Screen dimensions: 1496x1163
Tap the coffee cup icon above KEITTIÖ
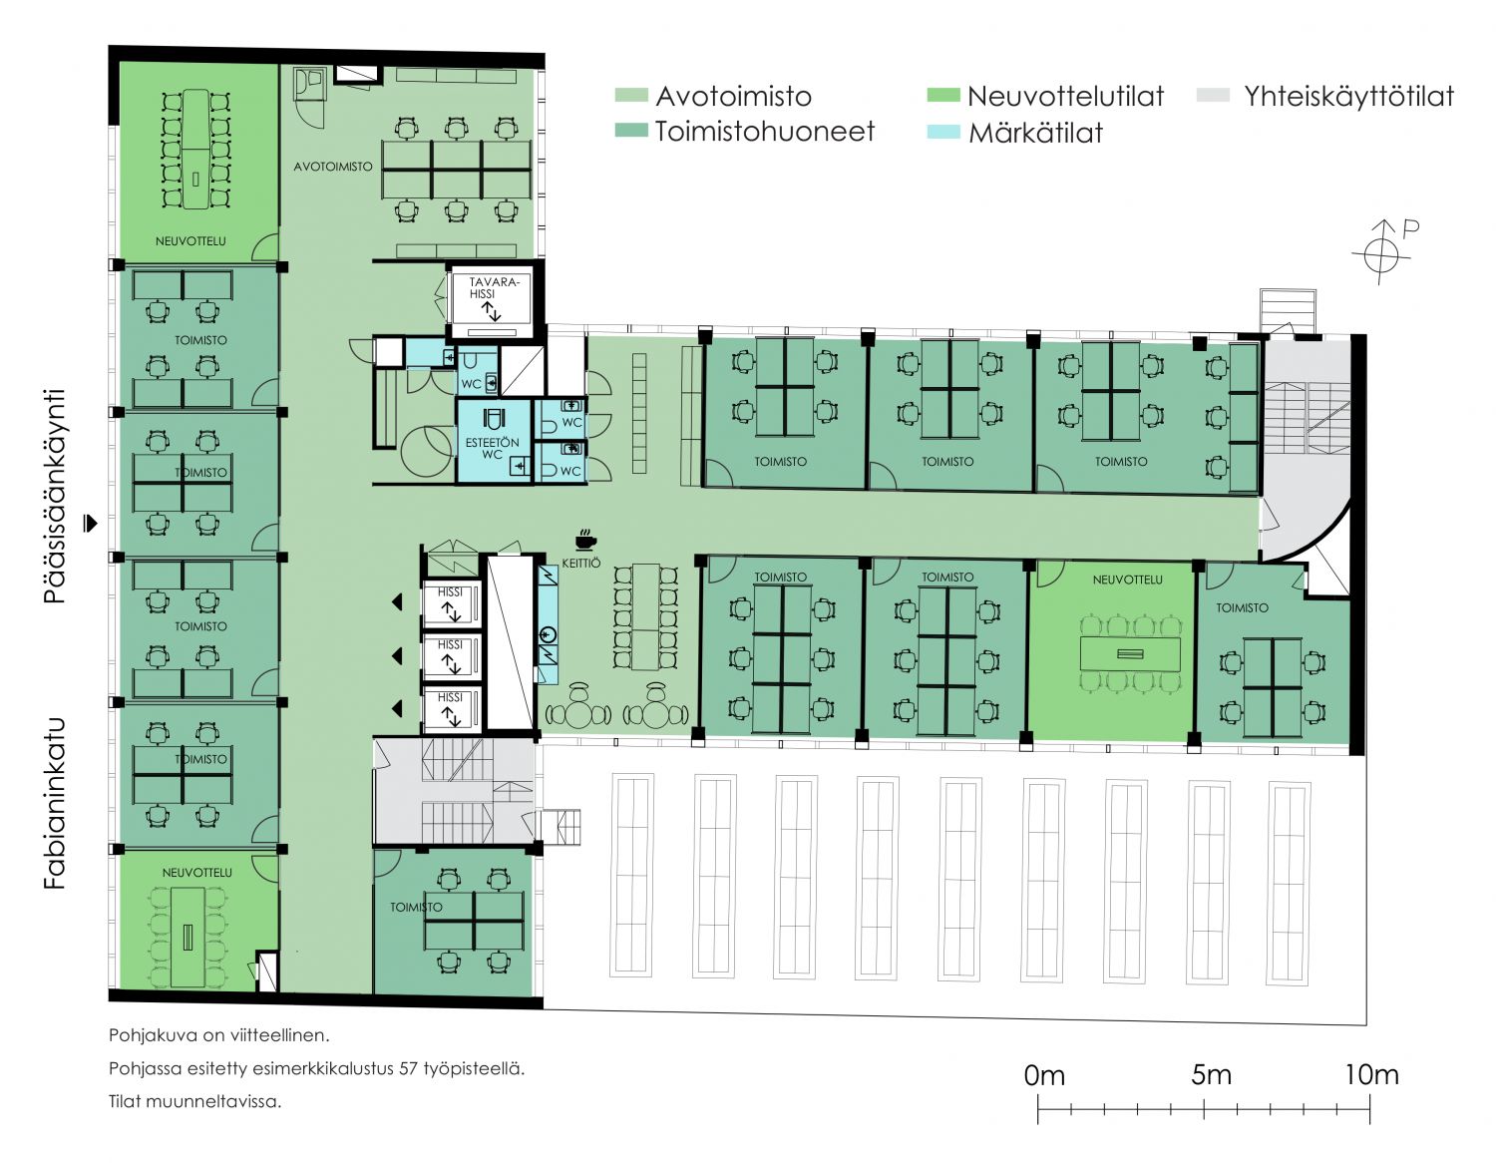tap(585, 540)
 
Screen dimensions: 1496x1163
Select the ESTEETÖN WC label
tap(492, 448)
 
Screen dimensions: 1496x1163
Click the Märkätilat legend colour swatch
tap(943, 132)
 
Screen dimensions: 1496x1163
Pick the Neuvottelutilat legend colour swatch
tap(943, 95)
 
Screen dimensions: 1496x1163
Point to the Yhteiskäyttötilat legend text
tap(1348, 97)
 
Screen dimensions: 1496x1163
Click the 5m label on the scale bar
tap(1211, 1074)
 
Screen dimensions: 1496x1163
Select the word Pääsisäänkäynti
tap(54, 496)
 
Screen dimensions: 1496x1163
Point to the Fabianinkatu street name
tap(54, 803)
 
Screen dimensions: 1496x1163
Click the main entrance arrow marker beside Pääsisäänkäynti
tap(90, 523)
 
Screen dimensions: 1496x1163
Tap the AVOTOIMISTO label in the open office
tap(332, 167)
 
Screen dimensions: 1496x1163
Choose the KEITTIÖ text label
tap(581, 563)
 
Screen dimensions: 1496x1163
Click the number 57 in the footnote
tap(407, 1068)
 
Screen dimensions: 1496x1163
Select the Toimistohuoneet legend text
tap(764, 132)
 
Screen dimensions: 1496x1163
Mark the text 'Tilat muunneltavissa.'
tap(194, 1102)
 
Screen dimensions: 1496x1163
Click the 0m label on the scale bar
tap(1043, 1075)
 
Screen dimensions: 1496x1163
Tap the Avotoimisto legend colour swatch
tap(631, 95)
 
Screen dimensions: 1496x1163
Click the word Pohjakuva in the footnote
tap(142, 1035)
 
